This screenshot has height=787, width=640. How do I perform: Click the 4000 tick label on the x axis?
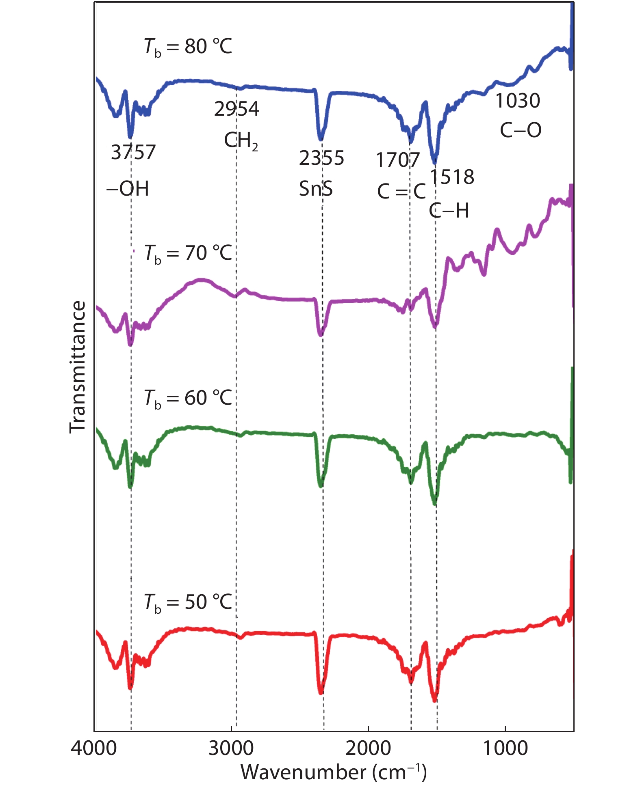[x=94, y=748]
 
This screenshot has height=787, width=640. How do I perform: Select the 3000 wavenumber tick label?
[x=231, y=748]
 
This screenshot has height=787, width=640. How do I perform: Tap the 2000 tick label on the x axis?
[x=368, y=748]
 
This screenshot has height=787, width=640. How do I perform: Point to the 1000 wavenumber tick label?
[x=505, y=748]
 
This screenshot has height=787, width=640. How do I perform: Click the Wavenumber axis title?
[x=334, y=772]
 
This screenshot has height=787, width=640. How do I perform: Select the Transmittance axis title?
[x=78, y=367]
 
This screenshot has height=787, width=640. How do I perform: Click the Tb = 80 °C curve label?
[x=188, y=47]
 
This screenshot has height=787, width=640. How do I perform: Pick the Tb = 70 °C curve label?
[x=188, y=254]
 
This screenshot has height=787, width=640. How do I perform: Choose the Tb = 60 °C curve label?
[x=188, y=398]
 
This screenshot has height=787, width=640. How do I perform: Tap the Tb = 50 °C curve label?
[x=188, y=602]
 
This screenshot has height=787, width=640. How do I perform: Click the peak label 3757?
[x=133, y=153]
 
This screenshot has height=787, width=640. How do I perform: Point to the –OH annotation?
[x=128, y=189]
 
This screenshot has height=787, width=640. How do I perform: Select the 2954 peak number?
[x=236, y=109]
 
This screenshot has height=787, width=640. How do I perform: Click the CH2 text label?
[x=241, y=141]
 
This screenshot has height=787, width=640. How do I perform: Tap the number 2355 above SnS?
[x=321, y=158]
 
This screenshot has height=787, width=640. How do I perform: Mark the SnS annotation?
[x=316, y=189]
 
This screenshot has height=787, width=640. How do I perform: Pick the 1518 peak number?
[x=452, y=177]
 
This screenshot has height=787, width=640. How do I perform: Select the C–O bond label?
[x=521, y=130]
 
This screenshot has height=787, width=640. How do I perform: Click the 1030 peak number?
[x=517, y=101]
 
